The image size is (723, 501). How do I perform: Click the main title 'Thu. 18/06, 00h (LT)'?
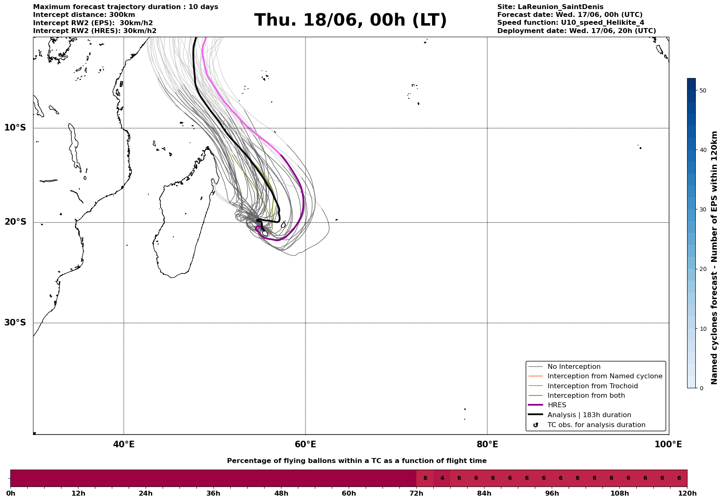click(350, 20)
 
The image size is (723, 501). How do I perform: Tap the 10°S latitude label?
click(15, 128)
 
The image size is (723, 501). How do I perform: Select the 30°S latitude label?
click(15, 323)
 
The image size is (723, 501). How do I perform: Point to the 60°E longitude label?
click(305, 444)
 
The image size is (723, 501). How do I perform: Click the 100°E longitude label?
click(668, 444)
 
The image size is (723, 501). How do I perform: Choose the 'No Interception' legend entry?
click(574, 367)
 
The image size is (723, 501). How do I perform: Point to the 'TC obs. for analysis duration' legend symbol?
click(536, 425)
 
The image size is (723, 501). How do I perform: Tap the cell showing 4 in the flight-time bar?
click(442, 478)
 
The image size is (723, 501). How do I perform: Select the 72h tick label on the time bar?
click(416, 494)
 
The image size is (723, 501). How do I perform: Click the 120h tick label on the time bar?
click(687, 494)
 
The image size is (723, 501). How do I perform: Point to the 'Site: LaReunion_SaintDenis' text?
click(550, 7)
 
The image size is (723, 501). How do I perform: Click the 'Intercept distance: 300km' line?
click(84, 15)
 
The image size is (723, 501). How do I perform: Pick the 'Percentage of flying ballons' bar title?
click(357, 461)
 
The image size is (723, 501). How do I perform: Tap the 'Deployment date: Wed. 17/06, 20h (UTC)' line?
click(577, 31)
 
